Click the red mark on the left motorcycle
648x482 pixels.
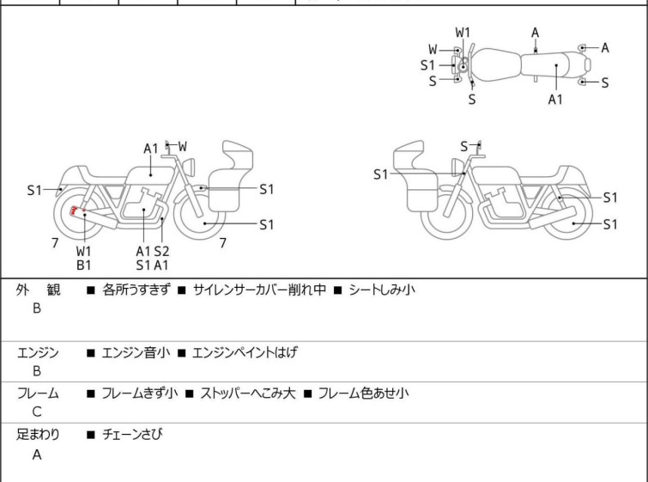76,211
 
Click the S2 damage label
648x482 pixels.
161,251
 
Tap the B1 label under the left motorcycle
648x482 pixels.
84,265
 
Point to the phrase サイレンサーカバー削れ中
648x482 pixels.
259,290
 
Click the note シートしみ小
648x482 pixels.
381,290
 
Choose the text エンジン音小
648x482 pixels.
136,352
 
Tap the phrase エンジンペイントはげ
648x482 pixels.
245,352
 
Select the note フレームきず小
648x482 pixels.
140,394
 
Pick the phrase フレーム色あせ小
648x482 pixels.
363,394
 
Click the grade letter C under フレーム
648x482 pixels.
37,412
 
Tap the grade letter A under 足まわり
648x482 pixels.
37,455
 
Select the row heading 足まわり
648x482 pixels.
39,435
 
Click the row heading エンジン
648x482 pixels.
38,352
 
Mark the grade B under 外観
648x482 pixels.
37,309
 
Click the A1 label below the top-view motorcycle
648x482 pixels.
556,100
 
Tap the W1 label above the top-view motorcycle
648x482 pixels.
463,33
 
